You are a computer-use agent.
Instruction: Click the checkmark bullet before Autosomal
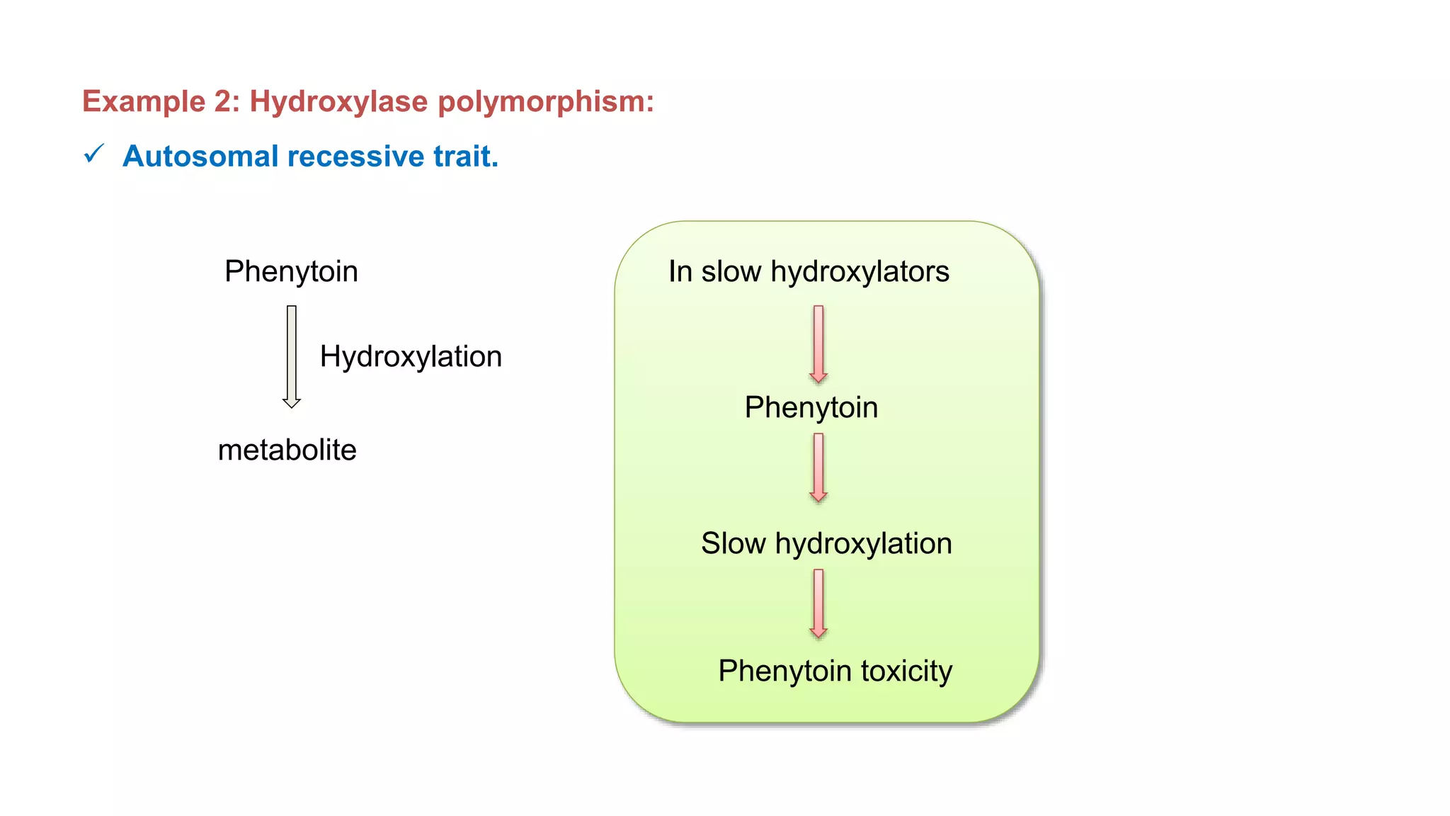tap(94, 154)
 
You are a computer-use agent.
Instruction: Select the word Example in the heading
tap(144, 102)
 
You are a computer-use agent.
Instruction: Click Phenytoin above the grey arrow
tap(291, 272)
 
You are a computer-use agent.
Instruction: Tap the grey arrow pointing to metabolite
tap(292, 356)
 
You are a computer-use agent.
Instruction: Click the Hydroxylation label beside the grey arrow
tap(411, 356)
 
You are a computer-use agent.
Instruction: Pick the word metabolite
tap(287, 450)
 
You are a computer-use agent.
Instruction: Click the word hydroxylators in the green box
tap(860, 272)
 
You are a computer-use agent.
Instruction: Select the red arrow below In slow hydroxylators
tap(818, 344)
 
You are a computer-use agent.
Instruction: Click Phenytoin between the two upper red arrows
tap(811, 408)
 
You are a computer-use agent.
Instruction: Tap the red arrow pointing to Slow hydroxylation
tap(818, 467)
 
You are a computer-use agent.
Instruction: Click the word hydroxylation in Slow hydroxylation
tap(863, 544)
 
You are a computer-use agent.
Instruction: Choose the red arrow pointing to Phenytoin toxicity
tap(818, 603)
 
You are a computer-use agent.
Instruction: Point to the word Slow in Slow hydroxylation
tap(733, 544)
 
